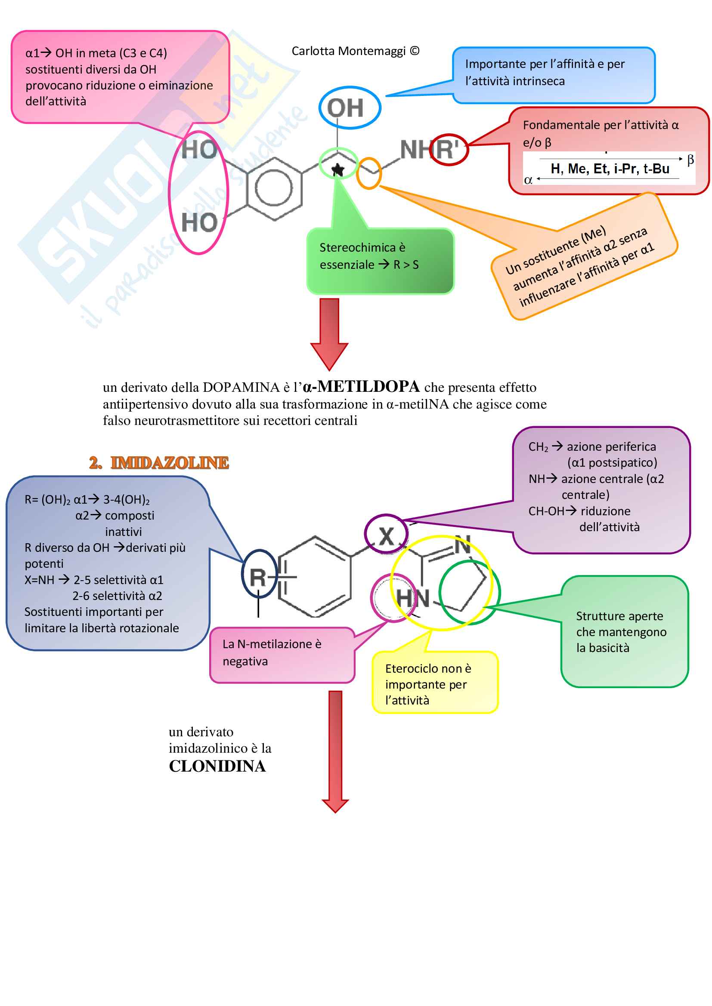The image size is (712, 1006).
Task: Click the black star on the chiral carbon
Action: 337,169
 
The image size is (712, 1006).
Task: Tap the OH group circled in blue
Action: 346,108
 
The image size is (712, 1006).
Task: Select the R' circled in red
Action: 447,149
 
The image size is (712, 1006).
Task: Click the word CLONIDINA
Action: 217,766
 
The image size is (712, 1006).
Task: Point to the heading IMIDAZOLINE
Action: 169,463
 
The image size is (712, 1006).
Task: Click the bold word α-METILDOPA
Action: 361,387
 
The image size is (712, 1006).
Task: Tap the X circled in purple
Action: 386,536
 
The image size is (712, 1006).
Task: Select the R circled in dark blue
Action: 258,577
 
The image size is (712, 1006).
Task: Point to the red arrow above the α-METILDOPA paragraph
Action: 329,333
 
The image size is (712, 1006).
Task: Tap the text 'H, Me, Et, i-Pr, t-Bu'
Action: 610,169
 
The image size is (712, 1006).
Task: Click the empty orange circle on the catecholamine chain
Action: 369,173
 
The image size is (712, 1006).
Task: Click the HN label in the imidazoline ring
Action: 412,598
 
